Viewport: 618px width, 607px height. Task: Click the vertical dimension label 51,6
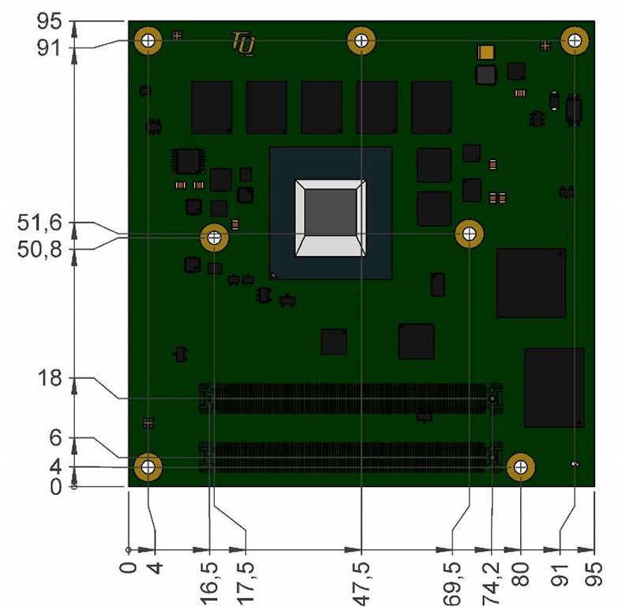point(39,223)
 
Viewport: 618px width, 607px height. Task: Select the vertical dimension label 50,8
point(39,249)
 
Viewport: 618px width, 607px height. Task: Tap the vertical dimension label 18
point(50,378)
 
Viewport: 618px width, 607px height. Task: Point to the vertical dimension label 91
point(49,48)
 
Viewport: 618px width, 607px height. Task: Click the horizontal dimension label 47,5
point(361,584)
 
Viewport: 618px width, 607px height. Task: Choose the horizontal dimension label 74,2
point(491,584)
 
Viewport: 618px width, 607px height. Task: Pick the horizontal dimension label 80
point(521,575)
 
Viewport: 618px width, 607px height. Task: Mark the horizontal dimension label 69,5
point(452,584)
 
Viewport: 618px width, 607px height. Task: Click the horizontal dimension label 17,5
point(245,584)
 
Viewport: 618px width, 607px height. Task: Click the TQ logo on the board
point(244,43)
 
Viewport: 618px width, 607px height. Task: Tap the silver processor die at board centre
point(331,218)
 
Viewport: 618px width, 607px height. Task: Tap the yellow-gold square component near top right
point(486,52)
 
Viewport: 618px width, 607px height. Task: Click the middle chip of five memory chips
point(321,107)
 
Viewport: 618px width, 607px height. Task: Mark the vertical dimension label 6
point(55,437)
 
